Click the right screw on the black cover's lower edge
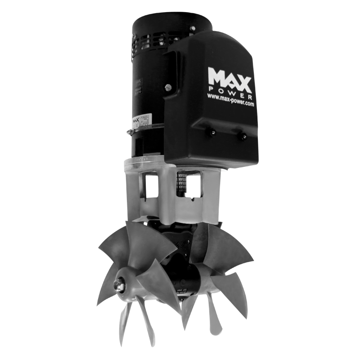pos(243,135)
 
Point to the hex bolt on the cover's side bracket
pos(180,88)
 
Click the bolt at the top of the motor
pos(192,28)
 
